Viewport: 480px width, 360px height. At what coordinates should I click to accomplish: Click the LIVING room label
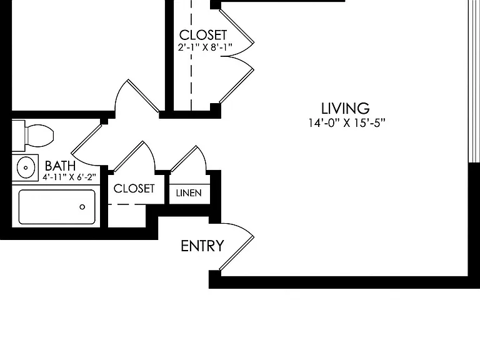(x=345, y=108)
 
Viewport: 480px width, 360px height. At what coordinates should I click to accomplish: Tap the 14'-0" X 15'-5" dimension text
(x=346, y=122)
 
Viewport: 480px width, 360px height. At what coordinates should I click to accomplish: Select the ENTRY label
(x=202, y=246)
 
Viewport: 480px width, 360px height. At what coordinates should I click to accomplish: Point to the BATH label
(x=60, y=166)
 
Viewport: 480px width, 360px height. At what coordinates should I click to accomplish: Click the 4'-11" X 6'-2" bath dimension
(x=69, y=177)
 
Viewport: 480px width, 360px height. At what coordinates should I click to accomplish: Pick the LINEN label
(x=189, y=193)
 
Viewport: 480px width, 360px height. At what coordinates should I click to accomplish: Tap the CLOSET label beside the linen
(x=134, y=188)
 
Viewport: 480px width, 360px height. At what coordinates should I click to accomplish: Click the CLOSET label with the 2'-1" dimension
(x=203, y=35)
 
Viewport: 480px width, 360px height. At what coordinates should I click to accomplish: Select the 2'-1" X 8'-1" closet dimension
(x=205, y=47)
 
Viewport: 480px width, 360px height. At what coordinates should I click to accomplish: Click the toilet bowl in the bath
(x=41, y=135)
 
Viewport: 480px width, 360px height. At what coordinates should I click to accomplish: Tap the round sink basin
(x=26, y=167)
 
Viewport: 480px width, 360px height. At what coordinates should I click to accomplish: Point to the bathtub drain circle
(x=82, y=207)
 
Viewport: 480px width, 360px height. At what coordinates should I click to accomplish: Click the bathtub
(x=57, y=207)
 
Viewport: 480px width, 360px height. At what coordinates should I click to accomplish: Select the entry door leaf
(x=237, y=254)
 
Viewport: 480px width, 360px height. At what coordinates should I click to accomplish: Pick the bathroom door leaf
(x=87, y=139)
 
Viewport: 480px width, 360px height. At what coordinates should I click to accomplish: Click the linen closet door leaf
(x=184, y=159)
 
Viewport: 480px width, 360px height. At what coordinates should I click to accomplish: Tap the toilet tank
(x=18, y=135)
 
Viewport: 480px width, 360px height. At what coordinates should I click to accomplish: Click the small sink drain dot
(x=26, y=167)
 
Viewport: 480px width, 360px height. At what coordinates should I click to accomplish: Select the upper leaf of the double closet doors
(x=237, y=26)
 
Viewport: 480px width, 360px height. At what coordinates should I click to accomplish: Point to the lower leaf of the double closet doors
(x=237, y=86)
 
